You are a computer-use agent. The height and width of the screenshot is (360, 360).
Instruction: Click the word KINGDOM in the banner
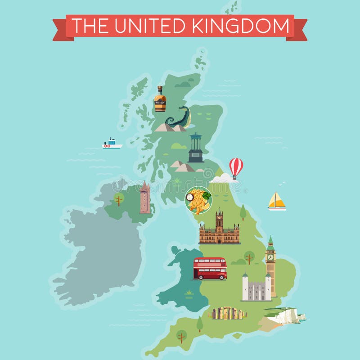pyautogui.click(x=241, y=26)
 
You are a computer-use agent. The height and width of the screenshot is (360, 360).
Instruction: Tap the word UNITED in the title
pyautogui.click(x=151, y=26)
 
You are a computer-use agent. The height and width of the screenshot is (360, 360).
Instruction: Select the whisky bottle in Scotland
pyautogui.click(x=160, y=99)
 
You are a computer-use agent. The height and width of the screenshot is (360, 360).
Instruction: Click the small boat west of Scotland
pyautogui.click(x=112, y=144)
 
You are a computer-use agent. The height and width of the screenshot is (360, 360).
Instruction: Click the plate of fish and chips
pyautogui.click(x=198, y=201)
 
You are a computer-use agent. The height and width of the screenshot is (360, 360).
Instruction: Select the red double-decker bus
pyautogui.click(x=210, y=268)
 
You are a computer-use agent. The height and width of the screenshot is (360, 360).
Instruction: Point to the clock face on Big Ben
pyautogui.click(x=270, y=257)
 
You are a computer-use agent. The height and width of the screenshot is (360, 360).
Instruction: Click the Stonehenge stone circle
pyautogui.click(x=227, y=313)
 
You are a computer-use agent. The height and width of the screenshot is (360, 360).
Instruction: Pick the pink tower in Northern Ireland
pyautogui.click(x=144, y=198)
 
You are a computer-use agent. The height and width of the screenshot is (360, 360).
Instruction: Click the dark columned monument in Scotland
pyautogui.click(x=195, y=148)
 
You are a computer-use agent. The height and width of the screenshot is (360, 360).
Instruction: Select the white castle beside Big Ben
pyautogui.click(x=256, y=288)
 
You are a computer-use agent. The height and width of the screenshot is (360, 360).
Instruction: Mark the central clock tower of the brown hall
pyautogui.click(x=219, y=221)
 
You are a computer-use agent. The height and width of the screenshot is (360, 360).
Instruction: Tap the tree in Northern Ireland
pyautogui.click(x=119, y=199)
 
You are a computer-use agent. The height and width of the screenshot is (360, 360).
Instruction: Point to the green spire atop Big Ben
pyautogui.click(x=270, y=242)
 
